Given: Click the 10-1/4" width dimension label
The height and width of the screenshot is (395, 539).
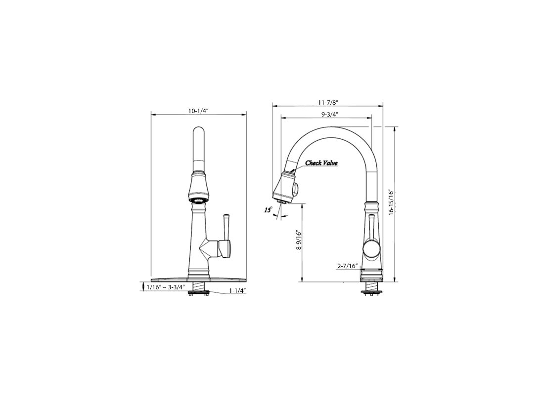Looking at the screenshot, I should pyautogui.click(x=198, y=111).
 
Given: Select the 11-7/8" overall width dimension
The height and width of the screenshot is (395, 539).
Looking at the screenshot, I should pyautogui.click(x=328, y=102).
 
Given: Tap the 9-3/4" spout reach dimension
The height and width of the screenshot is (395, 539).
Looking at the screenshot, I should pyautogui.click(x=329, y=114).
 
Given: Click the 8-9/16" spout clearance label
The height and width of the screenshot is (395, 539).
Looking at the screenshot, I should pyautogui.click(x=298, y=239).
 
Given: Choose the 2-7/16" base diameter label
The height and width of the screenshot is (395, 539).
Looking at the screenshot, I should pyautogui.click(x=347, y=266).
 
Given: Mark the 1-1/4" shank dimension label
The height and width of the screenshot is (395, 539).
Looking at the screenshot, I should pyautogui.click(x=238, y=290).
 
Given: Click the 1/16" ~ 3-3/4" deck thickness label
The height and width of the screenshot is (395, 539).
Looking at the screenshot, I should pyautogui.click(x=166, y=287).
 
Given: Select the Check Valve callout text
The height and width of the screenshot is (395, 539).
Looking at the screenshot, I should pyautogui.click(x=321, y=163).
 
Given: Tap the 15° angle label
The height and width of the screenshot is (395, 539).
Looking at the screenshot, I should pyautogui.click(x=268, y=210).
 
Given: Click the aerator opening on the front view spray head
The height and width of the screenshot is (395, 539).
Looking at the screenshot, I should pyautogui.click(x=198, y=200).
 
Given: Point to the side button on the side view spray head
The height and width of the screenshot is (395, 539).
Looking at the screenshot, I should pyautogui.click(x=296, y=188).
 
